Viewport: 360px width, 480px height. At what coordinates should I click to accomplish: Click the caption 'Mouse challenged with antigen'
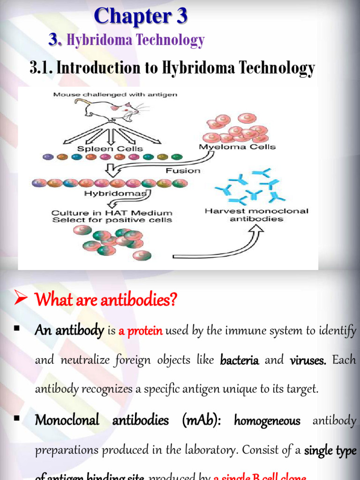click(115, 94)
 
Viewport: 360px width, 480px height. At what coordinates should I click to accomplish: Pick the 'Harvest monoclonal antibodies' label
click(256, 215)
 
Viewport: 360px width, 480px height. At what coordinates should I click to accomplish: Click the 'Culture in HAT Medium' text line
click(112, 213)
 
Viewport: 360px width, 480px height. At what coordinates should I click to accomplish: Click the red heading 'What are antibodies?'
click(106, 300)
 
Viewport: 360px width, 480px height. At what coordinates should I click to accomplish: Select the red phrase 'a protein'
click(141, 331)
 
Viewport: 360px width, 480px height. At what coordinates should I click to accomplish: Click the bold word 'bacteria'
click(240, 360)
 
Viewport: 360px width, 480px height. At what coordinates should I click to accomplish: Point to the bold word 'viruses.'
click(308, 360)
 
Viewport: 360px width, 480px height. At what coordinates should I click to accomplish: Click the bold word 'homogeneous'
click(267, 421)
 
